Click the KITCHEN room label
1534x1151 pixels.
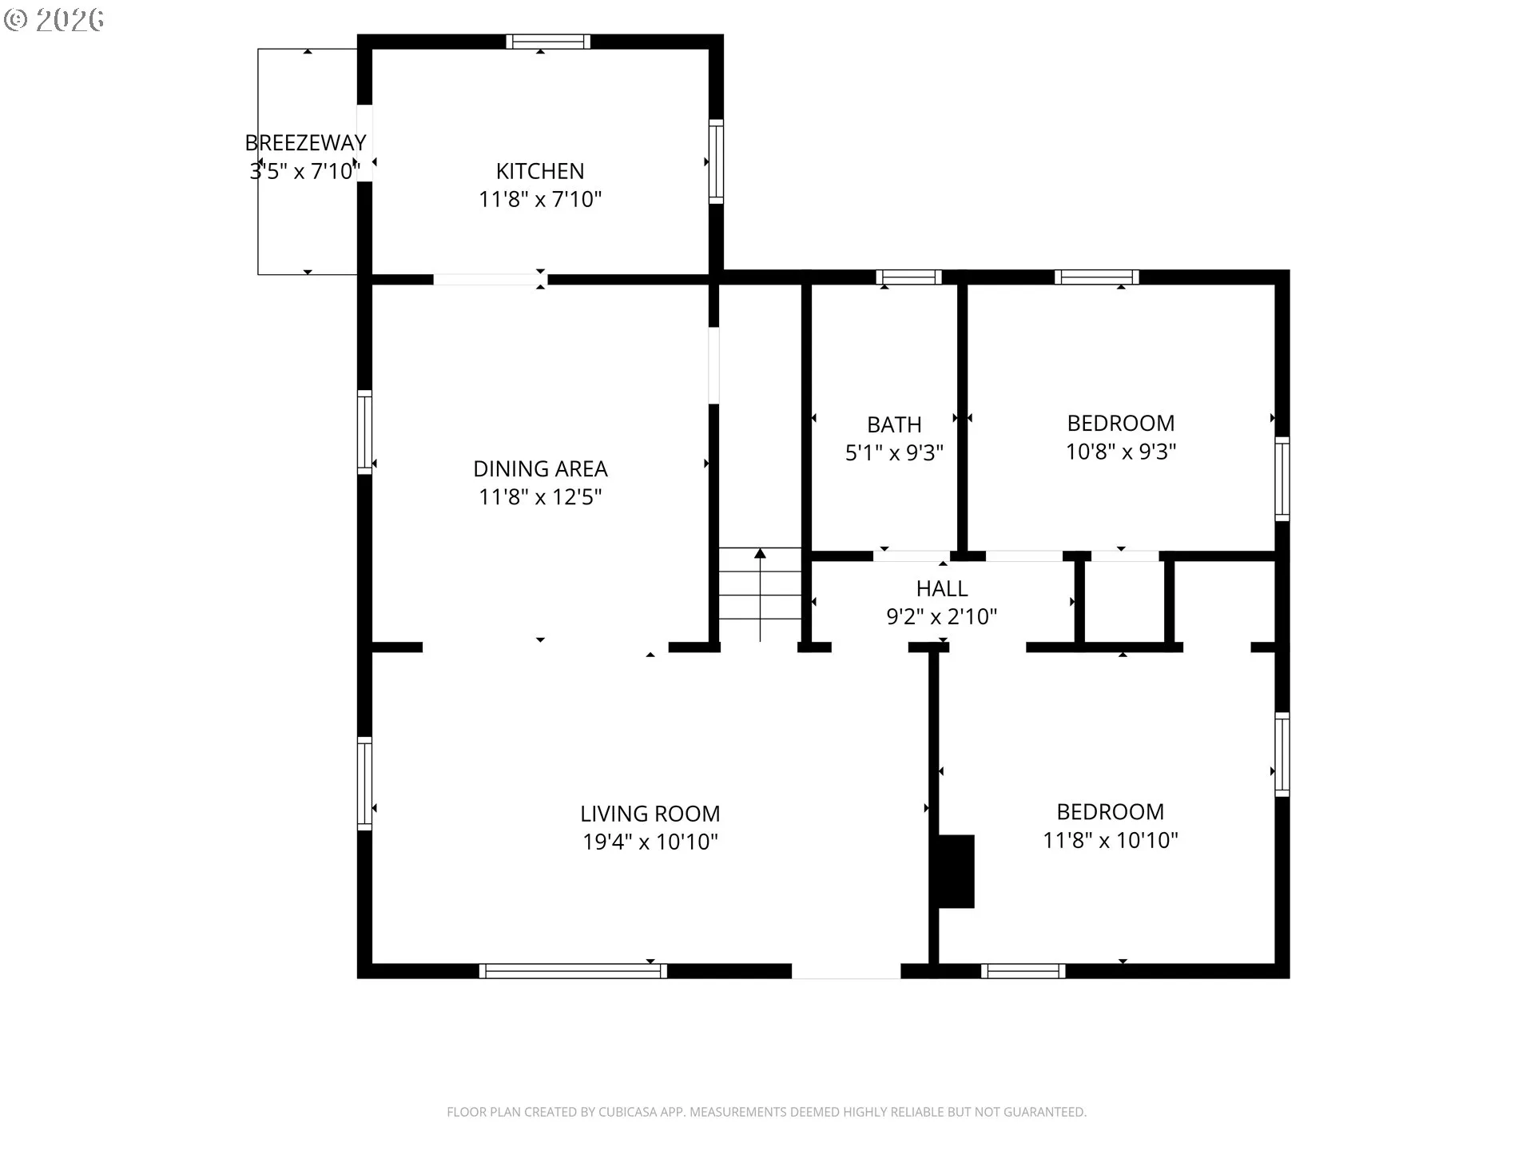(540, 171)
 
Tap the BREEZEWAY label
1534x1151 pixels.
(305, 142)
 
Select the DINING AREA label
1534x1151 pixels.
(540, 468)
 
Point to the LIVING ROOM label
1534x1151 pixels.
(650, 814)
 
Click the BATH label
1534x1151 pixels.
(894, 424)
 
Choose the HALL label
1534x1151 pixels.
(942, 588)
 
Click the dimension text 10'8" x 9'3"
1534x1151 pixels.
(1121, 452)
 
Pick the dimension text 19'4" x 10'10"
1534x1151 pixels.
(650, 842)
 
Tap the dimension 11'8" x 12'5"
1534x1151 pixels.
(540, 496)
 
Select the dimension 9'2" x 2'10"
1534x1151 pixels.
(942, 616)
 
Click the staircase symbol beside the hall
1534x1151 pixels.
(760, 595)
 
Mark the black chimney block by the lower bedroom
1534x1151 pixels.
(956, 871)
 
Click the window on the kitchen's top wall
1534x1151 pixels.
(548, 42)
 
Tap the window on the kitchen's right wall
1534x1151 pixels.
(717, 161)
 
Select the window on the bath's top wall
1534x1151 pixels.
(909, 277)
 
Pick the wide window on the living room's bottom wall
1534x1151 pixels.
(573, 971)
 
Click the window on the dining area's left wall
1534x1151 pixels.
(364, 432)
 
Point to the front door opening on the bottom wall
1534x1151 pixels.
(846, 971)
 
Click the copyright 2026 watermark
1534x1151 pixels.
(54, 20)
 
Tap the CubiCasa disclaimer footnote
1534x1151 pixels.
(766, 1112)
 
